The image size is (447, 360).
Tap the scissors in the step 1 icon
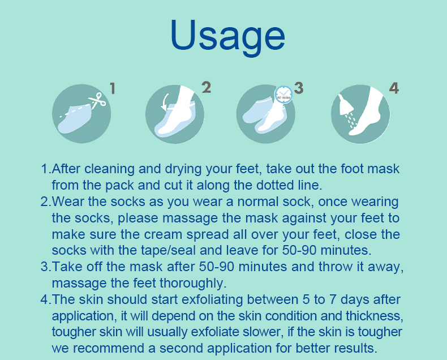tap(97, 100)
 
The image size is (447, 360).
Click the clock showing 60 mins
tap(283, 95)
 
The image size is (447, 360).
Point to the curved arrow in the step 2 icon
tap(165, 102)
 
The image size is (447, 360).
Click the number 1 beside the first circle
tap(113, 88)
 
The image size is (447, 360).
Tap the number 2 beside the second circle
tap(207, 87)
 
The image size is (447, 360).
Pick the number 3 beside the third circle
tap(299, 88)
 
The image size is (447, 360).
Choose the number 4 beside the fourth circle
tap(394, 88)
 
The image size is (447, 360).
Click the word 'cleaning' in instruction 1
tap(109, 169)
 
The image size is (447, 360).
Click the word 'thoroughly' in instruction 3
tap(193, 283)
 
